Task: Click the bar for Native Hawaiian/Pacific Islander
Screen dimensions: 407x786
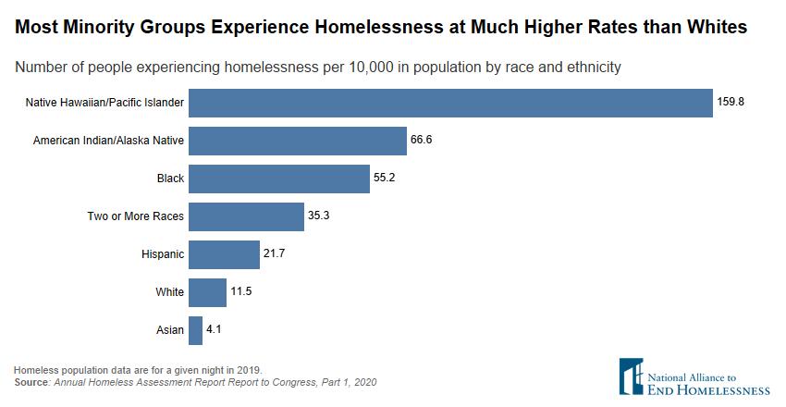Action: pos(449,103)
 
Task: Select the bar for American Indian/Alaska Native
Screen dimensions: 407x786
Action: pos(298,141)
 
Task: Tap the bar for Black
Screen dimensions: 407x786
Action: pos(279,179)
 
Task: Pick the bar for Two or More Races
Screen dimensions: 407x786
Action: pos(247,216)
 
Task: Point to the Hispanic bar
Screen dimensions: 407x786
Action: pos(225,254)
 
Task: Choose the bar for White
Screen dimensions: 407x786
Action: pos(208,292)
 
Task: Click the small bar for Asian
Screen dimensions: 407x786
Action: pos(196,330)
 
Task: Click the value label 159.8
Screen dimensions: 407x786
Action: pos(731,103)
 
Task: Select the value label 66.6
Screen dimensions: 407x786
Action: pos(422,141)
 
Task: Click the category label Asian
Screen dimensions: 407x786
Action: pos(171,330)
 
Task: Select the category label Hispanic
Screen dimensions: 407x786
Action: pos(163,254)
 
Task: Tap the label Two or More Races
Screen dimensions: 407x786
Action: pos(136,216)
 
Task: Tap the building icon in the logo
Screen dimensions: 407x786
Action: pos(632,376)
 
